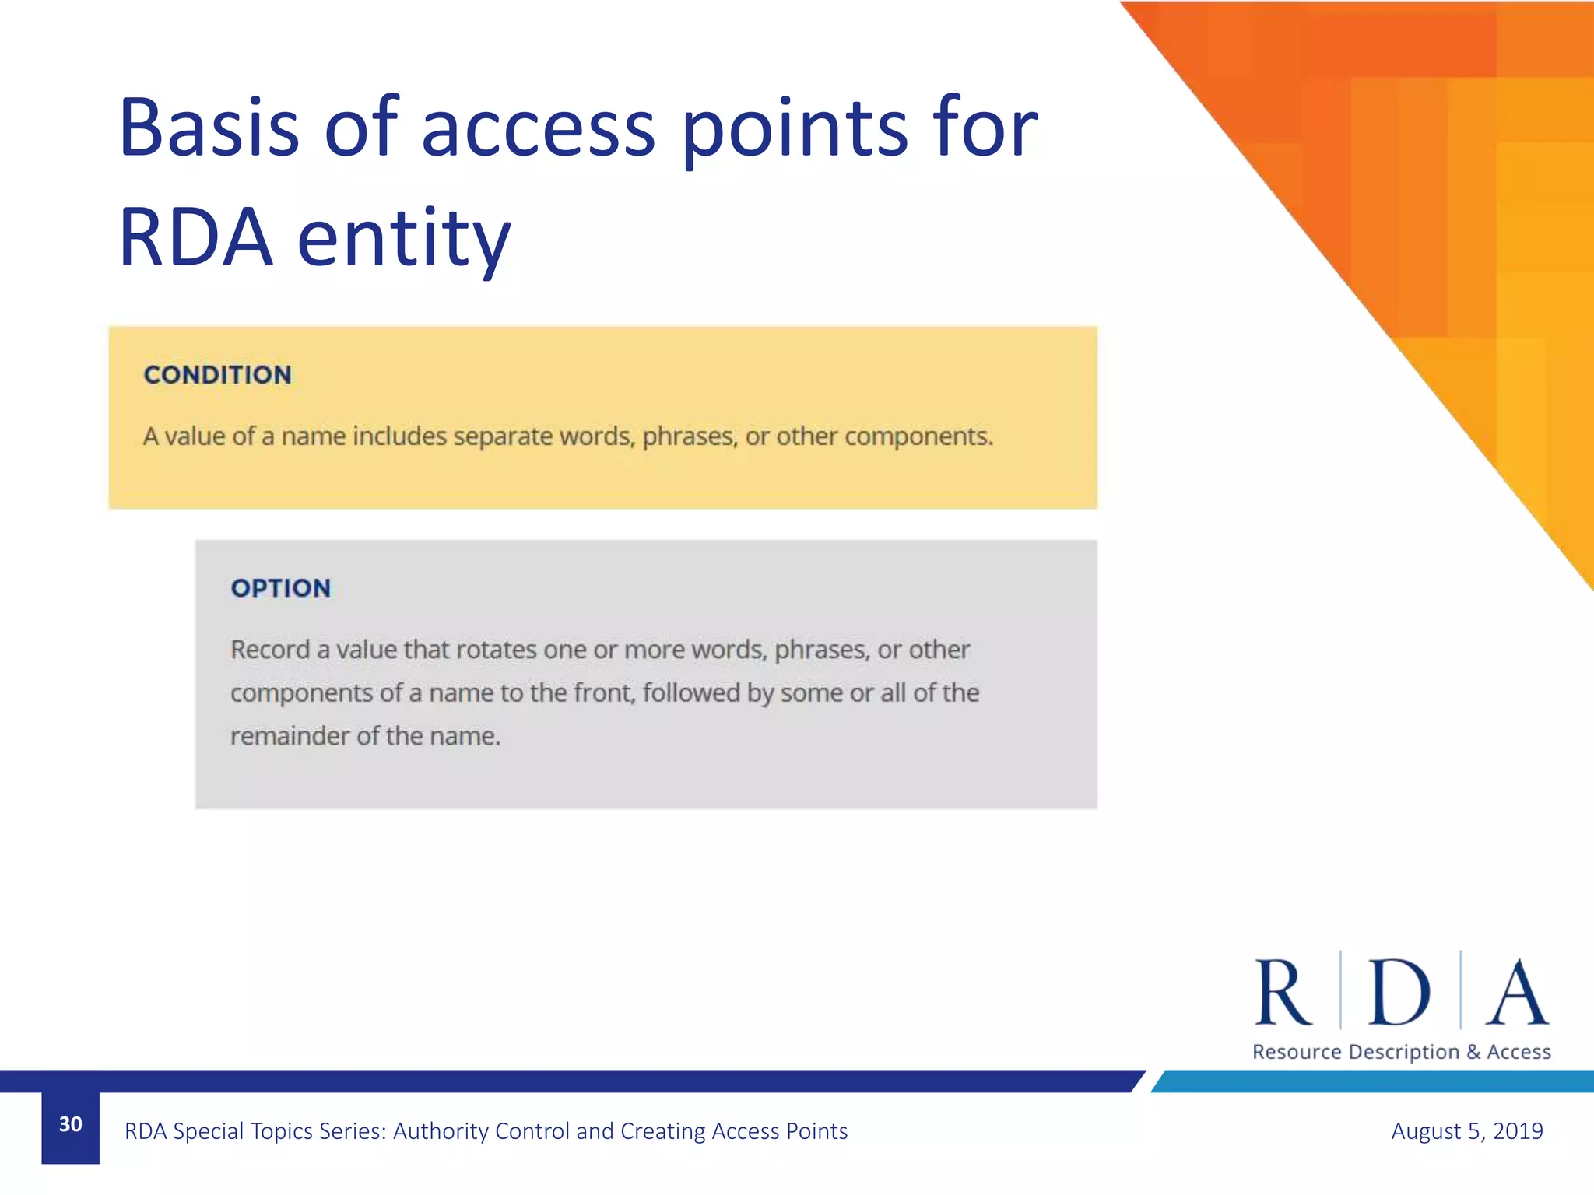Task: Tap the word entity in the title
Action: point(404,237)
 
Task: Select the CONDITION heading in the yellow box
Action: point(217,375)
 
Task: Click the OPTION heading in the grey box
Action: point(280,588)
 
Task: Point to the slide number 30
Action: point(70,1124)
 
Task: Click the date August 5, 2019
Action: point(1466,1130)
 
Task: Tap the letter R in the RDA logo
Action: point(1283,993)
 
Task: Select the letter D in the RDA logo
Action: point(1399,993)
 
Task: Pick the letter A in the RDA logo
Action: point(1516,993)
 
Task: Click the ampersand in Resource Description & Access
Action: point(1473,1052)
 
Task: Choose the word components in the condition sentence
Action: point(918,436)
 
